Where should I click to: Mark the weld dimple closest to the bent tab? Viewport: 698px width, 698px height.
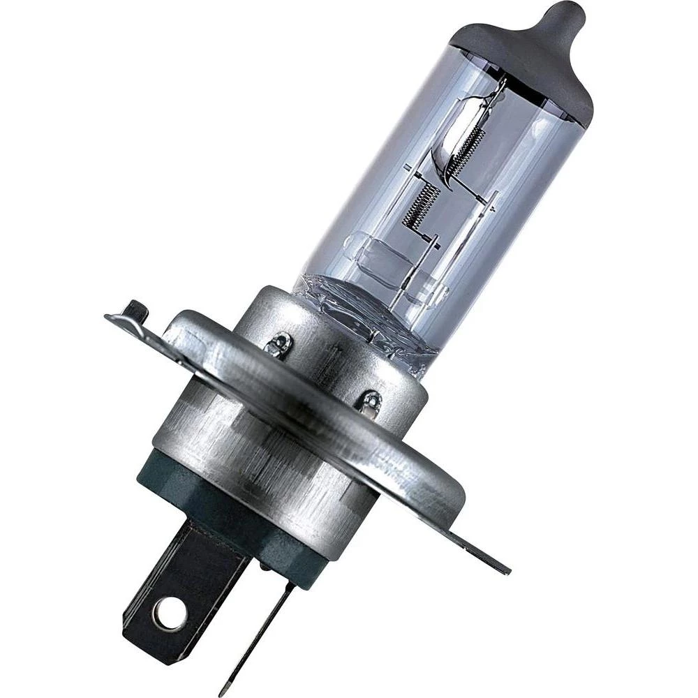tap(281, 343)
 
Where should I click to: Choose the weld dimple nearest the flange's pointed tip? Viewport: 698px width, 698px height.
tap(371, 402)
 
